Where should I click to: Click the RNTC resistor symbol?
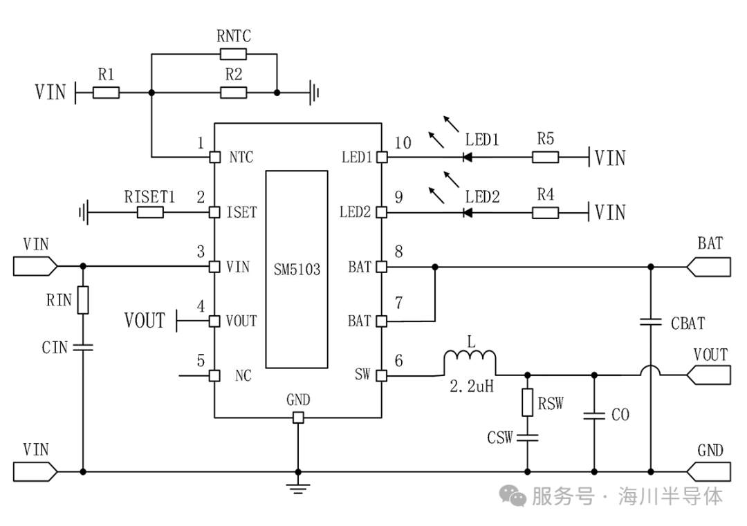pos(234,55)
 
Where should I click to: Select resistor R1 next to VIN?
pos(106,93)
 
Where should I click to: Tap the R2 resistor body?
pos(234,93)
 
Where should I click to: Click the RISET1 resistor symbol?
pos(150,212)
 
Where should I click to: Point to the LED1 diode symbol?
pos(468,157)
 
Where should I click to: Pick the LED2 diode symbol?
pos(468,212)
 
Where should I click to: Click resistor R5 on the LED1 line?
pos(545,157)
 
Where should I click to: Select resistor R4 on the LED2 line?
pos(545,212)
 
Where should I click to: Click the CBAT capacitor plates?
pos(651,322)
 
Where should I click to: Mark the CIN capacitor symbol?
pos(83,348)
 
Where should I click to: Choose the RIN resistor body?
pos(83,300)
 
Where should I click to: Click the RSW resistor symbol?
pos(527,403)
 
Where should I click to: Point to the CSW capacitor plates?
pos(527,437)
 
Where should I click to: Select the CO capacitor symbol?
pos(594,415)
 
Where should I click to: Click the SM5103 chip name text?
pos(297,270)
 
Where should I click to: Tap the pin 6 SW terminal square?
pos(382,375)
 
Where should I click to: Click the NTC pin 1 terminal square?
pos(215,157)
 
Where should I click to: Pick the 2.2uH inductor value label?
pos(472,386)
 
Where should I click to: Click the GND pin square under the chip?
pos(297,417)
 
